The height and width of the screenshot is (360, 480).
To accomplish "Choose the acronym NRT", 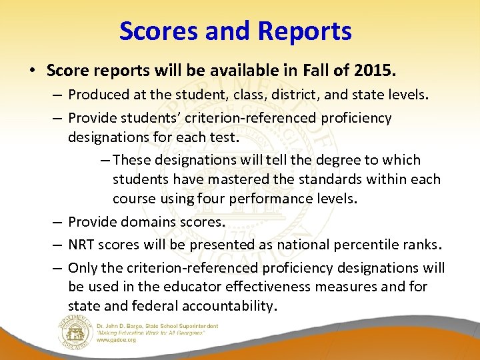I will pyautogui.click(x=82, y=245).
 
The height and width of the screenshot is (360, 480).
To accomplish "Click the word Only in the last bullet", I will pyautogui.click(x=82, y=267).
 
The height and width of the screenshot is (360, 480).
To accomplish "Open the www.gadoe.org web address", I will pyautogui.click(x=116, y=340).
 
